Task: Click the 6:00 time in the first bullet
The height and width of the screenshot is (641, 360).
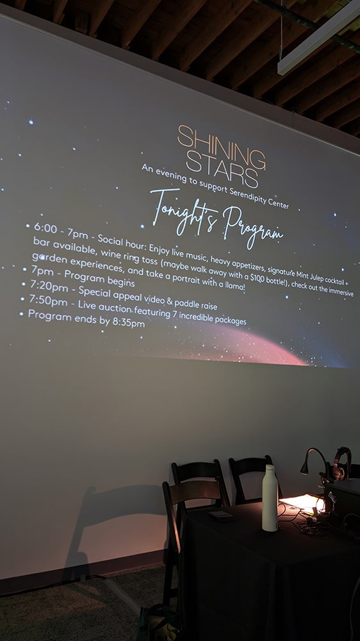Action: tap(45, 228)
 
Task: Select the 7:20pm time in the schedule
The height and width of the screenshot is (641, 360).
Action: tap(49, 287)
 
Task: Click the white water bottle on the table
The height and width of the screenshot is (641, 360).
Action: tap(270, 497)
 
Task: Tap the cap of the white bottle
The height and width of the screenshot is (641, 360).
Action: tap(270, 469)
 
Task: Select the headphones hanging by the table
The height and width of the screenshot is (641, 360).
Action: tap(341, 463)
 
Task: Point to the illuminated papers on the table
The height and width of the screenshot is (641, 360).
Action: tap(303, 503)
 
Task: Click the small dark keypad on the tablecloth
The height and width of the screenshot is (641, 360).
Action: tap(220, 515)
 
